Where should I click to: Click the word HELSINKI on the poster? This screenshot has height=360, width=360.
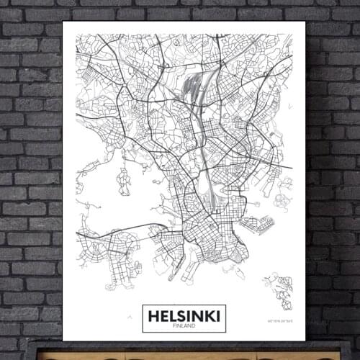tap(184, 314)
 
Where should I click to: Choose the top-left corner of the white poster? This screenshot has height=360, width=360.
tap(63, 22)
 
